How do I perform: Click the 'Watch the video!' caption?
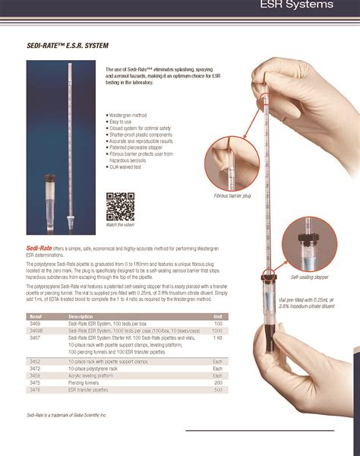pos(120,225)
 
